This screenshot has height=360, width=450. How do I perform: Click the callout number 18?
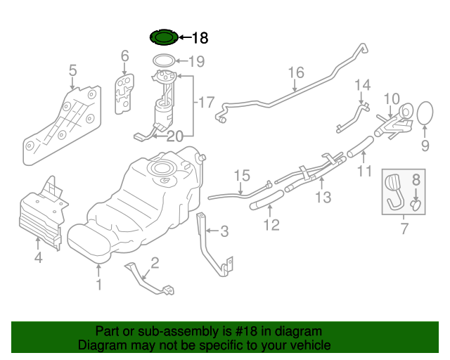click(x=200, y=38)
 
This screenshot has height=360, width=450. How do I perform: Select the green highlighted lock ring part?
click(x=163, y=37)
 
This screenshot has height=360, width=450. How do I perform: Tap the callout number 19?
click(x=196, y=62)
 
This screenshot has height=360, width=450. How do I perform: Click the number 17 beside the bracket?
click(x=205, y=103)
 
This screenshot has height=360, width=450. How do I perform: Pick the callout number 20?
click(x=174, y=136)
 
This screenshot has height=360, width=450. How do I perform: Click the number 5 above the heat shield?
click(x=72, y=70)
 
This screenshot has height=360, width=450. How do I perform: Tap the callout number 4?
click(x=39, y=258)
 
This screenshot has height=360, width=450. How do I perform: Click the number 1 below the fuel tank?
click(x=99, y=284)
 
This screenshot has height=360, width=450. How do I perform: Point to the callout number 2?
click(x=155, y=263)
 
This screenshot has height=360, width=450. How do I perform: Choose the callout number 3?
click(x=224, y=231)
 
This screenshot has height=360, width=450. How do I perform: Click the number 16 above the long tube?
click(x=295, y=72)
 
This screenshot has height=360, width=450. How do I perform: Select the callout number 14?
click(x=361, y=86)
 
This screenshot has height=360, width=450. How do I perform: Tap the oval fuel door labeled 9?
click(x=425, y=115)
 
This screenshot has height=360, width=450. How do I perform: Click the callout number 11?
click(x=364, y=171)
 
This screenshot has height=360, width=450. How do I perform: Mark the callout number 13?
click(x=322, y=198)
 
